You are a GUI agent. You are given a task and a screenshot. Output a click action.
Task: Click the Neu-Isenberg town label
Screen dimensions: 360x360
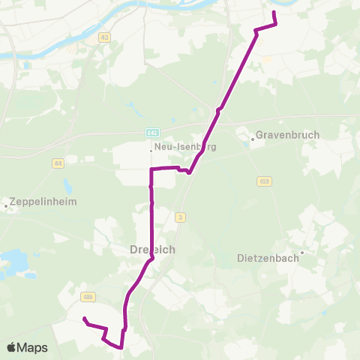tap(184, 147)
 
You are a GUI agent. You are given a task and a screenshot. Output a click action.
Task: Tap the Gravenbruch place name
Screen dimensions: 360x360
tap(287, 135)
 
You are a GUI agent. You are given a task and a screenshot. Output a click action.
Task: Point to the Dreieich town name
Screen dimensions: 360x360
tap(154, 250)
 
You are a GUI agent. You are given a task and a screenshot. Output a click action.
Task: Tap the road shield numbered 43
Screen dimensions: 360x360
tap(103, 37)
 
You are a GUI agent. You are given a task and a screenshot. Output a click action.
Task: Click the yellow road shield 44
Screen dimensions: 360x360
tap(58, 163)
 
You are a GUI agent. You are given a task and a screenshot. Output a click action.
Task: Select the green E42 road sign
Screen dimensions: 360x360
tap(152, 133)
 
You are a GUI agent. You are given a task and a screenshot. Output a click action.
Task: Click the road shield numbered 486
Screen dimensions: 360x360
tap(88, 297)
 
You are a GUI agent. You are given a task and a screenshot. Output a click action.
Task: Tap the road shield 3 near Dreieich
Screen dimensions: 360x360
tap(181, 217)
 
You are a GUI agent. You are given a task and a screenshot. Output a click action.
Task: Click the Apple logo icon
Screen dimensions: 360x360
tap(12, 347)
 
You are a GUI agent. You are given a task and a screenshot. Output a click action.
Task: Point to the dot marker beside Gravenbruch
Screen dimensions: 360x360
tap(252, 138)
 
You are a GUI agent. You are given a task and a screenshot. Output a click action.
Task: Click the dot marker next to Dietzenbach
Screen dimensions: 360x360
tap(301, 252)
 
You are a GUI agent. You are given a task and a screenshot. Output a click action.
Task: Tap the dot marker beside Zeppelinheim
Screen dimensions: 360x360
tap(6, 205)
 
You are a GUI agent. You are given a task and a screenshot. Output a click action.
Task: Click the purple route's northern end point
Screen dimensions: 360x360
tap(273, 13)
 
